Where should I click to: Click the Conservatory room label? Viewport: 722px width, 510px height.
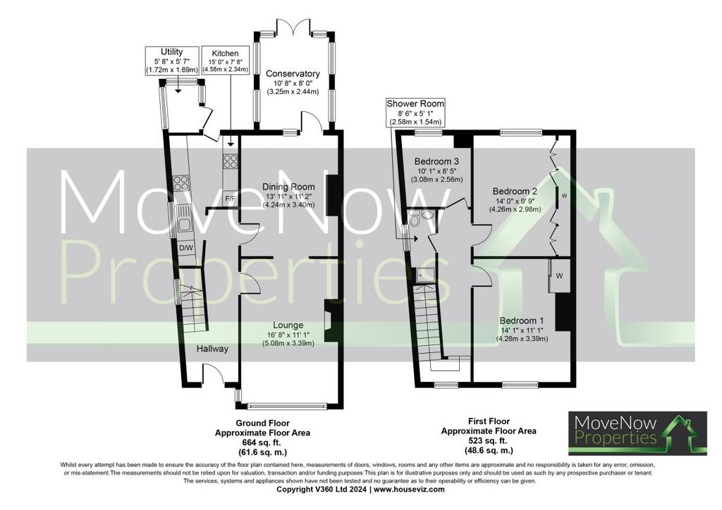pyautogui.click(x=293, y=73)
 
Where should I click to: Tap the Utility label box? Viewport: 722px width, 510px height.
pyautogui.click(x=172, y=61)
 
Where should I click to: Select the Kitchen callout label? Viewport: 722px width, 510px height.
pyautogui.click(x=226, y=61)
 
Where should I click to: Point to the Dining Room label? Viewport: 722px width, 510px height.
pyautogui.click(x=288, y=187)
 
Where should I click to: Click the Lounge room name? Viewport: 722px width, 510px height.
pyautogui.click(x=288, y=325)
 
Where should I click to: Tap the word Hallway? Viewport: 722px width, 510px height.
pyautogui.click(x=212, y=349)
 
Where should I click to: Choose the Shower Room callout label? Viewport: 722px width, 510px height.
pyautogui.click(x=416, y=113)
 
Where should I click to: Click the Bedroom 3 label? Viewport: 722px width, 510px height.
pyautogui.click(x=436, y=161)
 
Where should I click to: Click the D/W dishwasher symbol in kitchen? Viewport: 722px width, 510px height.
pyautogui.click(x=186, y=248)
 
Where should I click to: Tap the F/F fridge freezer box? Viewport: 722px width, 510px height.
pyautogui.click(x=231, y=199)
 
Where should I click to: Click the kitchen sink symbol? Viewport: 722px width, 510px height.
pyautogui.click(x=183, y=221)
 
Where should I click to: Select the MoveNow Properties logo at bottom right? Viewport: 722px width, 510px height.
pyautogui.click(x=637, y=433)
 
